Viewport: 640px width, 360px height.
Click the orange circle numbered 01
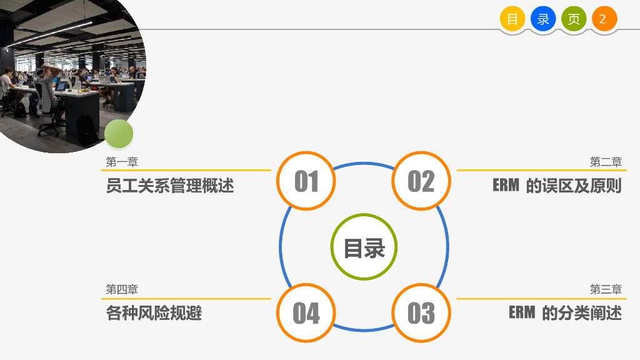[306, 181]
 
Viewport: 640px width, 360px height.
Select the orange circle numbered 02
[421, 181]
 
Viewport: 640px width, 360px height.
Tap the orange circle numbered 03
[421, 312]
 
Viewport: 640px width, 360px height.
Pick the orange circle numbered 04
[306, 312]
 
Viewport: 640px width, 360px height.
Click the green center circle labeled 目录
[364, 247]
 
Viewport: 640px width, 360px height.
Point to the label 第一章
[122, 162]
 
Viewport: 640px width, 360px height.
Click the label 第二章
[606, 162]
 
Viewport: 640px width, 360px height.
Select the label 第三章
[606, 289]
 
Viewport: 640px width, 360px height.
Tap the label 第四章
[122, 289]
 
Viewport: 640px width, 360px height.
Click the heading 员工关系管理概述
[169, 186]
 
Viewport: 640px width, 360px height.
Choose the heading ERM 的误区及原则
[557, 186]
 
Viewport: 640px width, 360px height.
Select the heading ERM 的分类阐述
[565, 312]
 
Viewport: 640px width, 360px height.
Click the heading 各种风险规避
[154, 312]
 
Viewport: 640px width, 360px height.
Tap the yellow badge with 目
[512, 19]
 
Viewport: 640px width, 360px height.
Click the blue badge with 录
[543, 19]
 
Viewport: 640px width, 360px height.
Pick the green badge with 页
[574, 19]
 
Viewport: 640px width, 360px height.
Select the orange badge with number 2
[604, 19]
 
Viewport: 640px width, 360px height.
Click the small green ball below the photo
[119, 134]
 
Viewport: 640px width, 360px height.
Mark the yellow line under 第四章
[187, 299]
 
